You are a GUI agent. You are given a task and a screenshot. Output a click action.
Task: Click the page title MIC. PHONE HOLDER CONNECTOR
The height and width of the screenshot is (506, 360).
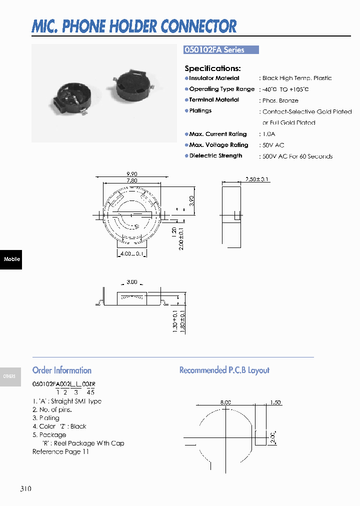point(134,26)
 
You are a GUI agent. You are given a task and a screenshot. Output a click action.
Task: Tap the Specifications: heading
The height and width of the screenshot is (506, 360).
point(212,68)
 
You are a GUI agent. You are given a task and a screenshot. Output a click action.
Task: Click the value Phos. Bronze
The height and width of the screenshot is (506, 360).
point(280,100)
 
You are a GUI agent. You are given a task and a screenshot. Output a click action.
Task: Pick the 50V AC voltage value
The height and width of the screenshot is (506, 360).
point(273,145)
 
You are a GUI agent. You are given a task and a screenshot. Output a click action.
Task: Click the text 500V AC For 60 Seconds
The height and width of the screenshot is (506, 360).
point(297,156)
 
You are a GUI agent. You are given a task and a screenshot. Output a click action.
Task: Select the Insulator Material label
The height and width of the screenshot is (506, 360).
point(214,78)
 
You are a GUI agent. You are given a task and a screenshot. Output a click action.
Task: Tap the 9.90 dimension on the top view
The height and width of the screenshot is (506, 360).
point(132,174)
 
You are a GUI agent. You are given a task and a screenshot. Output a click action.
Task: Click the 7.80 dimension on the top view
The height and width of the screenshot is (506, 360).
point(132,180)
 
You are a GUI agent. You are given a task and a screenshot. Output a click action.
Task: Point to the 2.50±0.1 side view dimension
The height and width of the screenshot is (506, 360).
point(257,179)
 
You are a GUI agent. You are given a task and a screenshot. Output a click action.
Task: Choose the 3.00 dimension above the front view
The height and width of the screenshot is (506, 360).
point(131,282)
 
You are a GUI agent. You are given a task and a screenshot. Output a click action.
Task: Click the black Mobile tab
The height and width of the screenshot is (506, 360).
point(11,259)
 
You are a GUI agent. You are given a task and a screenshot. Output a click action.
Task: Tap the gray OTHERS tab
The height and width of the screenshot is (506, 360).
point(9,376)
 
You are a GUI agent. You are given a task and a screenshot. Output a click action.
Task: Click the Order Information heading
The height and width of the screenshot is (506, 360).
point(62,370)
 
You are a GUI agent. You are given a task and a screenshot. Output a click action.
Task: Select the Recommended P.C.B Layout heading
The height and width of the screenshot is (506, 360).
point(224,370)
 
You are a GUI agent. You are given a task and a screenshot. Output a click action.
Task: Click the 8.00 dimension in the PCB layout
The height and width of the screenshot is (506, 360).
point(225,402)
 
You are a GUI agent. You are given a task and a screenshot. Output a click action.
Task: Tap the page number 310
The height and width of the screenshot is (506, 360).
point(26,488)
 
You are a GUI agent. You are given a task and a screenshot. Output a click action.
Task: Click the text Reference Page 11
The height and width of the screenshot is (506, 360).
point(60,451)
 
